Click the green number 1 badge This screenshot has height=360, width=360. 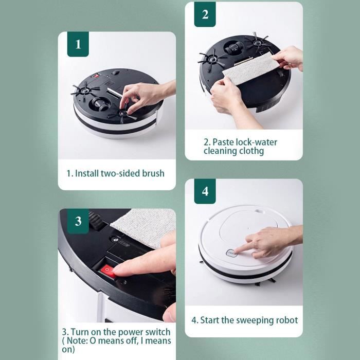(78, 44)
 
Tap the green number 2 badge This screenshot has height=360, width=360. (205, 14)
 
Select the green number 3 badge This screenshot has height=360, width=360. (78, 221)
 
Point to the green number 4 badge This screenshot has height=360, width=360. (205, 191)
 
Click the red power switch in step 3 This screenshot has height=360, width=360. (109, 272)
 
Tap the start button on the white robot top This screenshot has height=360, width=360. (231, 253)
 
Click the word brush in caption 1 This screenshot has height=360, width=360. (153, 173)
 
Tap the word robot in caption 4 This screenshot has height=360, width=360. (287, 320)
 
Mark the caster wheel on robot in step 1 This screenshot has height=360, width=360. (99, 104)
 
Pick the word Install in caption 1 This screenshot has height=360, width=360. (86, 173)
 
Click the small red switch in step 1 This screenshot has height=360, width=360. (96, 75)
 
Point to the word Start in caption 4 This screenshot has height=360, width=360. (210, 320)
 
